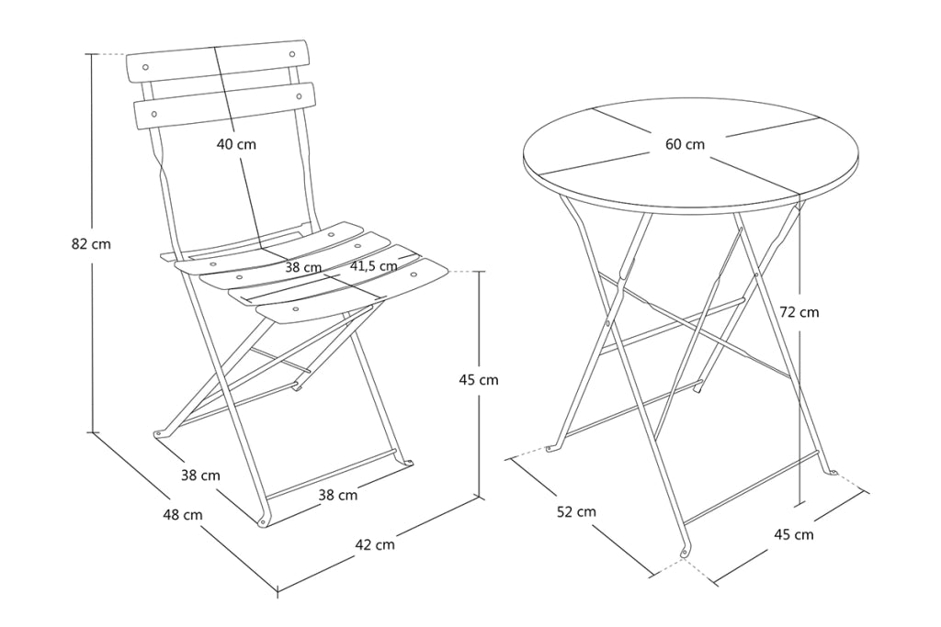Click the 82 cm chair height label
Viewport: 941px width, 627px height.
91,244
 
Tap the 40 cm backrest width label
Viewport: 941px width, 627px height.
236,144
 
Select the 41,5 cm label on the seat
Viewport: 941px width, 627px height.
373,265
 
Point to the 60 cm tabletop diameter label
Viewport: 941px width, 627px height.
685,144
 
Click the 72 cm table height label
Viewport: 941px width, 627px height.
799,312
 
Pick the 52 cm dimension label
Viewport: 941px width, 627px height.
577,511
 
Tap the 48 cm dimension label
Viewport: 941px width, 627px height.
183,514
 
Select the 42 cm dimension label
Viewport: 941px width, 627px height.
375,544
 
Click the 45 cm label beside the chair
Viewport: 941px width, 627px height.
479,379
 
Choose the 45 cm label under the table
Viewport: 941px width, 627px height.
794,534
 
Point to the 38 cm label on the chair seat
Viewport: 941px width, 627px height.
303,267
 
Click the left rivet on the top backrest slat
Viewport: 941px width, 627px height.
146,66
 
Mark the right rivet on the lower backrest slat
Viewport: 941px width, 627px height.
299,95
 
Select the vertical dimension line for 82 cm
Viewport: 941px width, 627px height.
93,242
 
